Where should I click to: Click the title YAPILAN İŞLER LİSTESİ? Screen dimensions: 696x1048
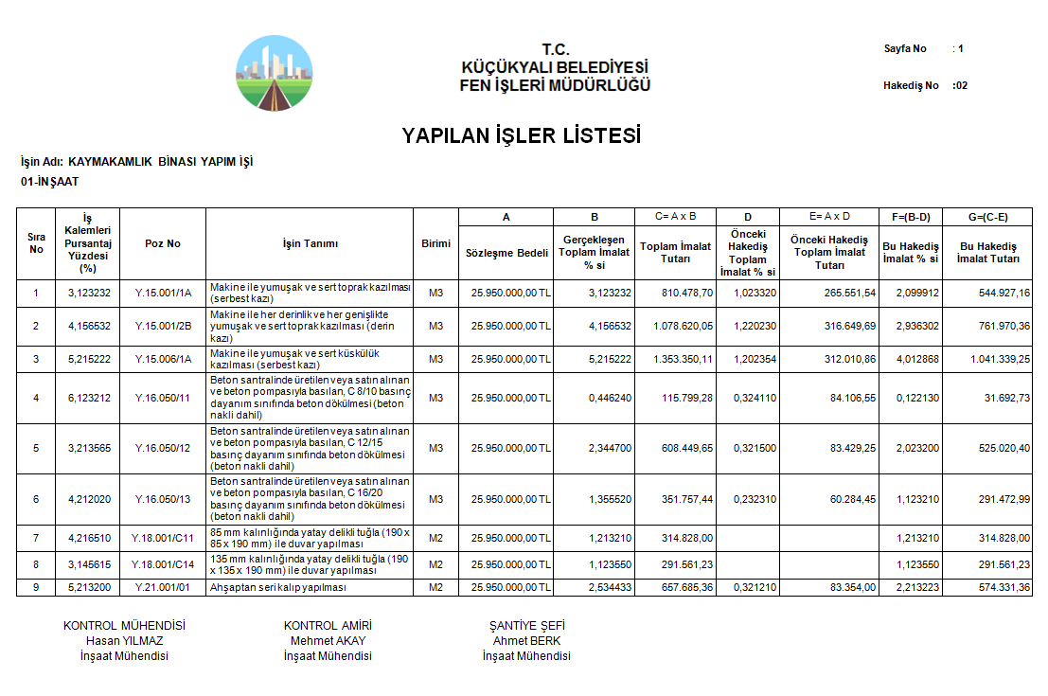point(522,135)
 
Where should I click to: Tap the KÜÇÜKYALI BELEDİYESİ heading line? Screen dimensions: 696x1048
point(555,68)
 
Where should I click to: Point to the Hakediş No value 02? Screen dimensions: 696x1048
point(961,85)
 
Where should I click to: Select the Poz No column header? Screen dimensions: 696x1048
point(163,243)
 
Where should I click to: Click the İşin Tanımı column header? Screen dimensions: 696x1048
point(310,243)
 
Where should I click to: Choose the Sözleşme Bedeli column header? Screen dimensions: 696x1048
point(506,253)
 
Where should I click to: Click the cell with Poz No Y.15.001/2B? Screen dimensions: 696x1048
point(163,327)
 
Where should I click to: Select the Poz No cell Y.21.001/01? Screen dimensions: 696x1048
point(163,588)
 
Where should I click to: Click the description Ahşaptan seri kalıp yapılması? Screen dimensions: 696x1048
point(278,588)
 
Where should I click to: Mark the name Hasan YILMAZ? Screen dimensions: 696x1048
point(124,641)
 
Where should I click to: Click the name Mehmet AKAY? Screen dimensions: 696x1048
point(328,641)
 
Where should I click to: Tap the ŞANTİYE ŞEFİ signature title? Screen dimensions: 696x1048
point(526,626)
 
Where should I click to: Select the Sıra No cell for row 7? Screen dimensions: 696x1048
point(36,539)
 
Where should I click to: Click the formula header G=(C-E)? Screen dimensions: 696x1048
point(993,217)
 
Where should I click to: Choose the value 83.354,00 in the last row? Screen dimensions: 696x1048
point(850,588)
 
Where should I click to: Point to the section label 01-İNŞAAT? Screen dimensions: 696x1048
point(50,181)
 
